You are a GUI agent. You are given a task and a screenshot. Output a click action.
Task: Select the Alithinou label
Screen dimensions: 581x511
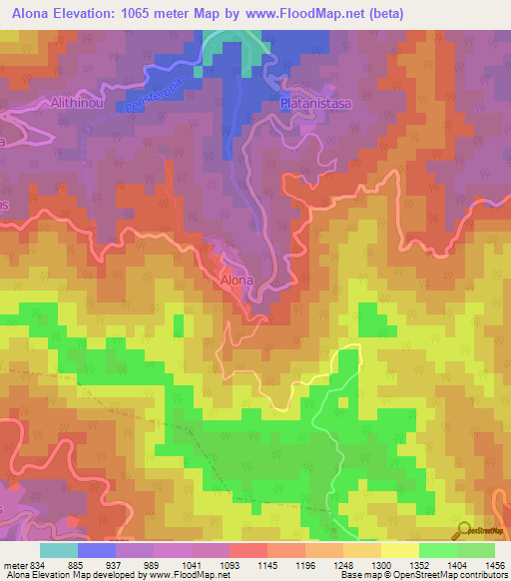coord(80,102)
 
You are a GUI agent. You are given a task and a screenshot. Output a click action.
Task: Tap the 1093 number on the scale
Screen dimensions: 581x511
coord(230,564)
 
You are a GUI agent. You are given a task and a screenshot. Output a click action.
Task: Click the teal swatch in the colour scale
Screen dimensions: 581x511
coord(59,550)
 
